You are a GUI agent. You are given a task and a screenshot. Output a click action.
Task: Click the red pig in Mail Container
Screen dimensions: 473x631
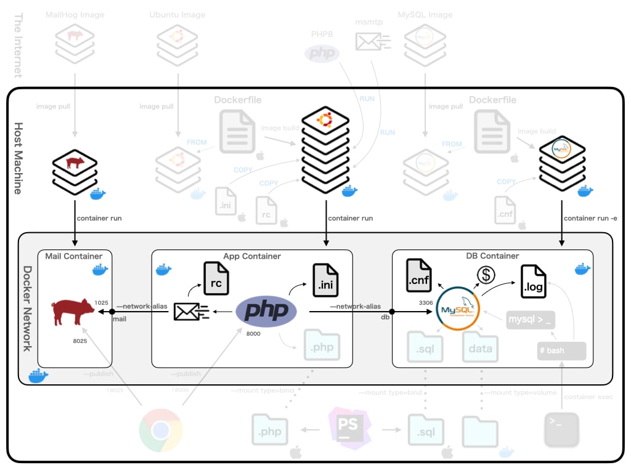click(73, 312)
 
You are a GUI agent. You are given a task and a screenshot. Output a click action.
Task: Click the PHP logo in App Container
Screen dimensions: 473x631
click(266, 311)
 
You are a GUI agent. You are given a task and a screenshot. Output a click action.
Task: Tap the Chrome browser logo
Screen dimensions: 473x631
click(160, 430)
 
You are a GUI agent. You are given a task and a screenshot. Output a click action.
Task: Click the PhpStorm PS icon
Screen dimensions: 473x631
click(348, 425)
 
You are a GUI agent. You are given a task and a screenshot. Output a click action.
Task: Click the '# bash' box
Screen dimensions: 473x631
click(561, 350)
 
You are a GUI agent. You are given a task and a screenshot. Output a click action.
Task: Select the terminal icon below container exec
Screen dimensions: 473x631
click(561, 430)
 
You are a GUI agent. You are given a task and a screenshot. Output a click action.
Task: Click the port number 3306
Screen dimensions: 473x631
click(425, 303)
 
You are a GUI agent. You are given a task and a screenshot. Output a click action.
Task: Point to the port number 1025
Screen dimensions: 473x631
click(102, 303)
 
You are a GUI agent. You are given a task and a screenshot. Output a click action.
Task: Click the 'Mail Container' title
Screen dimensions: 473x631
click(74, 256)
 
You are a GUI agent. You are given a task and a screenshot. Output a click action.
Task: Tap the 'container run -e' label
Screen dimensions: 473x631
click(589, 218)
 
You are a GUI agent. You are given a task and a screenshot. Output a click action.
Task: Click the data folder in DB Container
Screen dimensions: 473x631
click(481, 347)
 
